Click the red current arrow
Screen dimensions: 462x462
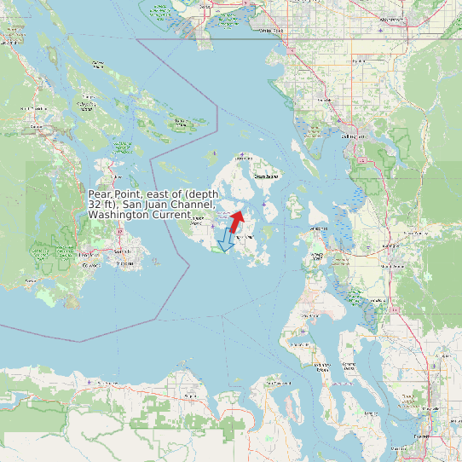tap(236, 220)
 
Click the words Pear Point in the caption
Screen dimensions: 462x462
tap(114, 194)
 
